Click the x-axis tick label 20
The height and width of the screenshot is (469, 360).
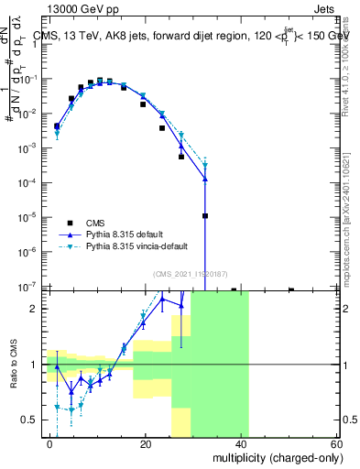146,443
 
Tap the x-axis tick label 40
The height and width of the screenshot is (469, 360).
241,443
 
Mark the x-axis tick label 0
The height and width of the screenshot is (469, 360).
50,443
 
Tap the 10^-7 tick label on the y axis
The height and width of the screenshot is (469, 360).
28,287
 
